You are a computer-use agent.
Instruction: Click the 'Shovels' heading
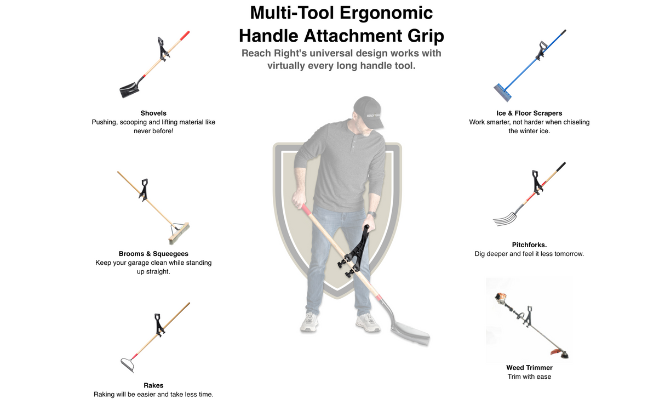tap(153, 113)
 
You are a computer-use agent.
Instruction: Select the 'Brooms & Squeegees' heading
tap(153, 254)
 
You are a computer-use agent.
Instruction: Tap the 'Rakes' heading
tap(153, 385)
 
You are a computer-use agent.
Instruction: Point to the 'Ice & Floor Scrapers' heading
tap(529, 113)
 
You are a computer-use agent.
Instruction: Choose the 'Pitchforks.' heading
tap(529, 245)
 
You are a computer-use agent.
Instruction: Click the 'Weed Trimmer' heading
tap(529, 368)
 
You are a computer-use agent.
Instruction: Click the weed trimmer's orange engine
tap(500, 299)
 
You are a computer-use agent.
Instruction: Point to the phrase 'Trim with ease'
tap(529, 377)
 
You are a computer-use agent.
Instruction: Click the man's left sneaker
tap(368, 322)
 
